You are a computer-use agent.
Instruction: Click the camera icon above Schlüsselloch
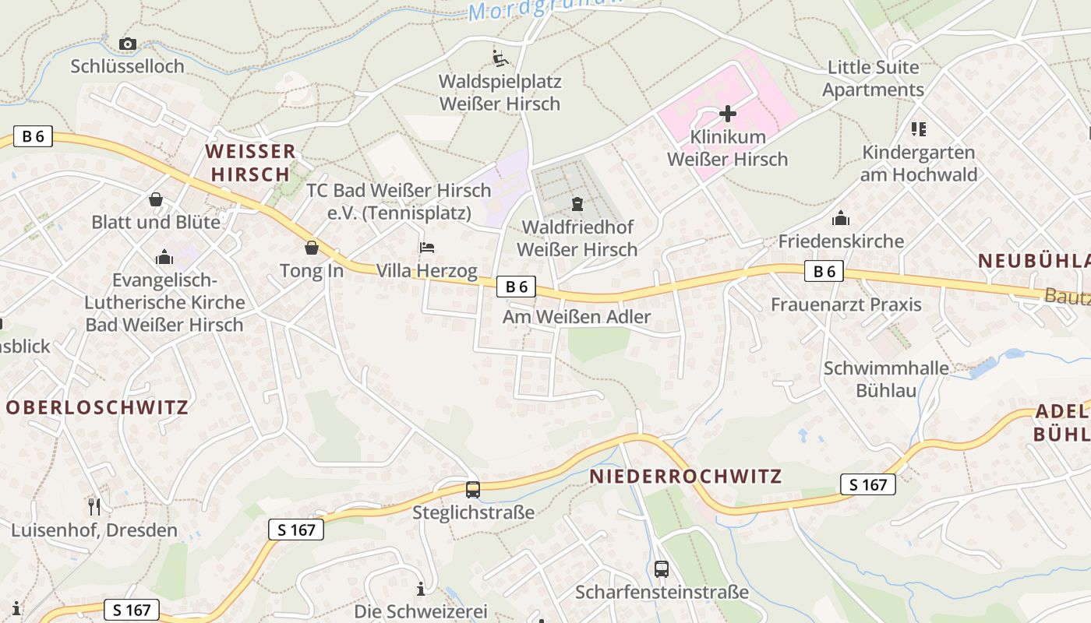127,44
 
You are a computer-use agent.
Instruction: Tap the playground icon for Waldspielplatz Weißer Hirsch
500,58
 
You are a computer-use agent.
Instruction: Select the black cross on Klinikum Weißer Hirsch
728,114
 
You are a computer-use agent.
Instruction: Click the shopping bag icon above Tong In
312,248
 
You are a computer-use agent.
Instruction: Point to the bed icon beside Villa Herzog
427,248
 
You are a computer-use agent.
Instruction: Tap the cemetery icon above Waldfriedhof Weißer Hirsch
577,204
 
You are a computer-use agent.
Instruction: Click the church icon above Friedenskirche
841,218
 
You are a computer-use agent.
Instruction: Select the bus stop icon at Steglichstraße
473,489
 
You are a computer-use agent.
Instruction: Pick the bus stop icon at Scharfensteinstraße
662,568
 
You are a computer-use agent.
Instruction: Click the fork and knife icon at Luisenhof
94,507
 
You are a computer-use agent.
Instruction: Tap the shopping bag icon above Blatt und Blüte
156,199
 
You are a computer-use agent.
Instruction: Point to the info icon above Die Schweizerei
421,588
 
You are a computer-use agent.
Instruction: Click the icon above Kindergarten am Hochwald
918,129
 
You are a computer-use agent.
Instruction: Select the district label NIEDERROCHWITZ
686,477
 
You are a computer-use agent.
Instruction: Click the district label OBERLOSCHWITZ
97,407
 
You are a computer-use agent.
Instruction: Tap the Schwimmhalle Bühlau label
887,378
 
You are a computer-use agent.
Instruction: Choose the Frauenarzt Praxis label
846,304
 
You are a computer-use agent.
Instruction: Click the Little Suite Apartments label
873,78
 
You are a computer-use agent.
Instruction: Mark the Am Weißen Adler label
577,317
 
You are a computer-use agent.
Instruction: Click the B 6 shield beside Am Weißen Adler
517,287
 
